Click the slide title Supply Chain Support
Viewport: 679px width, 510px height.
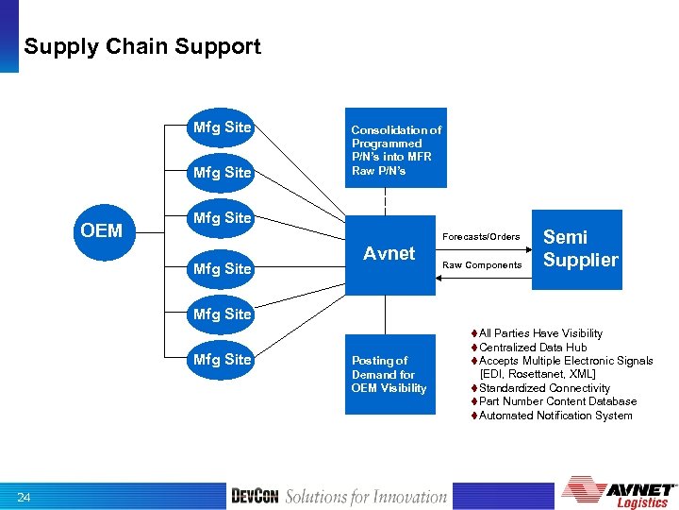coord(142,46)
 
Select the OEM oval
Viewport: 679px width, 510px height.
coord(101,230)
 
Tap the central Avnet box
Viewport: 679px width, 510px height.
coord(389,253)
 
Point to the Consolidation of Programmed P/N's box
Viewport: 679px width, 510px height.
coord(395,149)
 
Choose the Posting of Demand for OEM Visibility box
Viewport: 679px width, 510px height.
coord(389,374)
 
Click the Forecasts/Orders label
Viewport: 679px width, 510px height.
coord(481,236)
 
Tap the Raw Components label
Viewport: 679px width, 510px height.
coord(482,265)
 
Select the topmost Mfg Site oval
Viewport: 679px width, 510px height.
coord(222,127)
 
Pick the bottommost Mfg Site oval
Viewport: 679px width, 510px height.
coord(222,360)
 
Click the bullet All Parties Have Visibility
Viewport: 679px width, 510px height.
coord(540,333)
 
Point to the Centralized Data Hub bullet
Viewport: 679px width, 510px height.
coord(533,348)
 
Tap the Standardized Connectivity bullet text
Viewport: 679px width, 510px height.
coord(544,388)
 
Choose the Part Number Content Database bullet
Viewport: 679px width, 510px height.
coord(557,401)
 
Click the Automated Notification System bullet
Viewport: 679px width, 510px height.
coord(555,416)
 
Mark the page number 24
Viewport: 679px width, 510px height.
coord(24,497)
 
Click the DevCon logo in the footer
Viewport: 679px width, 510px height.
coord(255,497)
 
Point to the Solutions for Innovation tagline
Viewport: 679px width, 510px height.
coord(366,497)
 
